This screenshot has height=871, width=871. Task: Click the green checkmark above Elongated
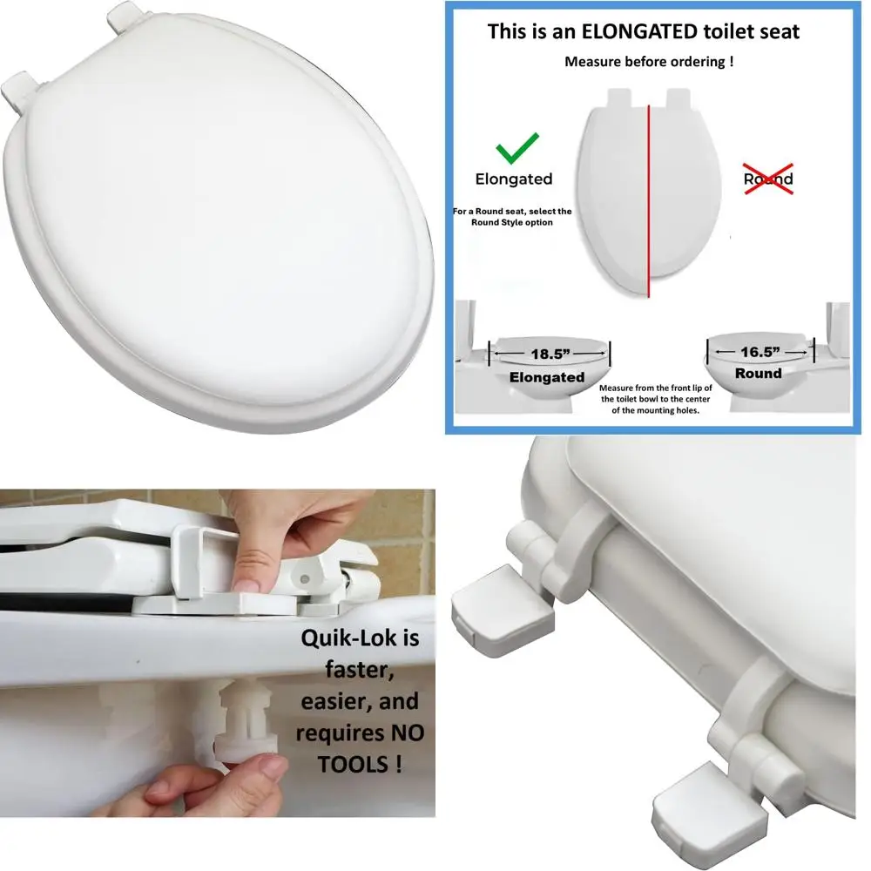coord(517,149)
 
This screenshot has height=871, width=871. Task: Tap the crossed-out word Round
coord(767,179)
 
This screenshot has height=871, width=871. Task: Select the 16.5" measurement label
coord(758,352)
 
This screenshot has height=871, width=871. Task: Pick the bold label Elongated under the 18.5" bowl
coord(547,377)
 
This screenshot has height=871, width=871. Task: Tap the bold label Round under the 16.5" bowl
coord(758,373)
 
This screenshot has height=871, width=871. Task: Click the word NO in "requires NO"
coord(405,733)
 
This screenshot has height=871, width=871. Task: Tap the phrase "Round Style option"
coord(513,222)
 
